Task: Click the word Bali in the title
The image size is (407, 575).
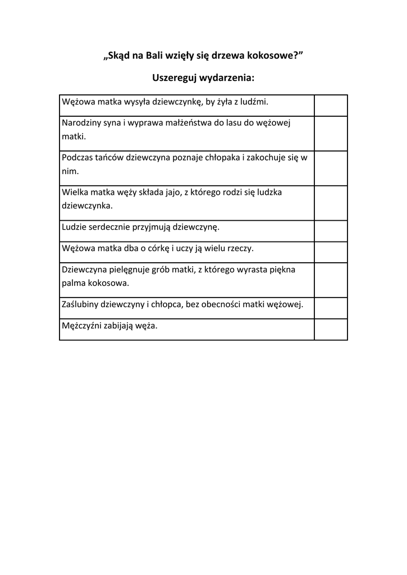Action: [155, 55]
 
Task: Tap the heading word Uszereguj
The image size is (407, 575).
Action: [176, 77]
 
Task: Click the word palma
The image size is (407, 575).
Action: [73, 283]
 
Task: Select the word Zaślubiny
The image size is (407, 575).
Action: [80, 305]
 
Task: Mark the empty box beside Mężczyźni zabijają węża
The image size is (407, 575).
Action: [331, 329]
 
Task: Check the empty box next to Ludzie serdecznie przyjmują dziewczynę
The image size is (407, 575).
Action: [331, 231]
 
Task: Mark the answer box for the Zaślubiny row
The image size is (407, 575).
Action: [331, 308]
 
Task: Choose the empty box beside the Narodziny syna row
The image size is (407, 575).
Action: [331, 133]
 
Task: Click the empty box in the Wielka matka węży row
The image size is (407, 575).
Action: [331, 203]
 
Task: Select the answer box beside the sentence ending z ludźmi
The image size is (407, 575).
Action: [331, 105]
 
